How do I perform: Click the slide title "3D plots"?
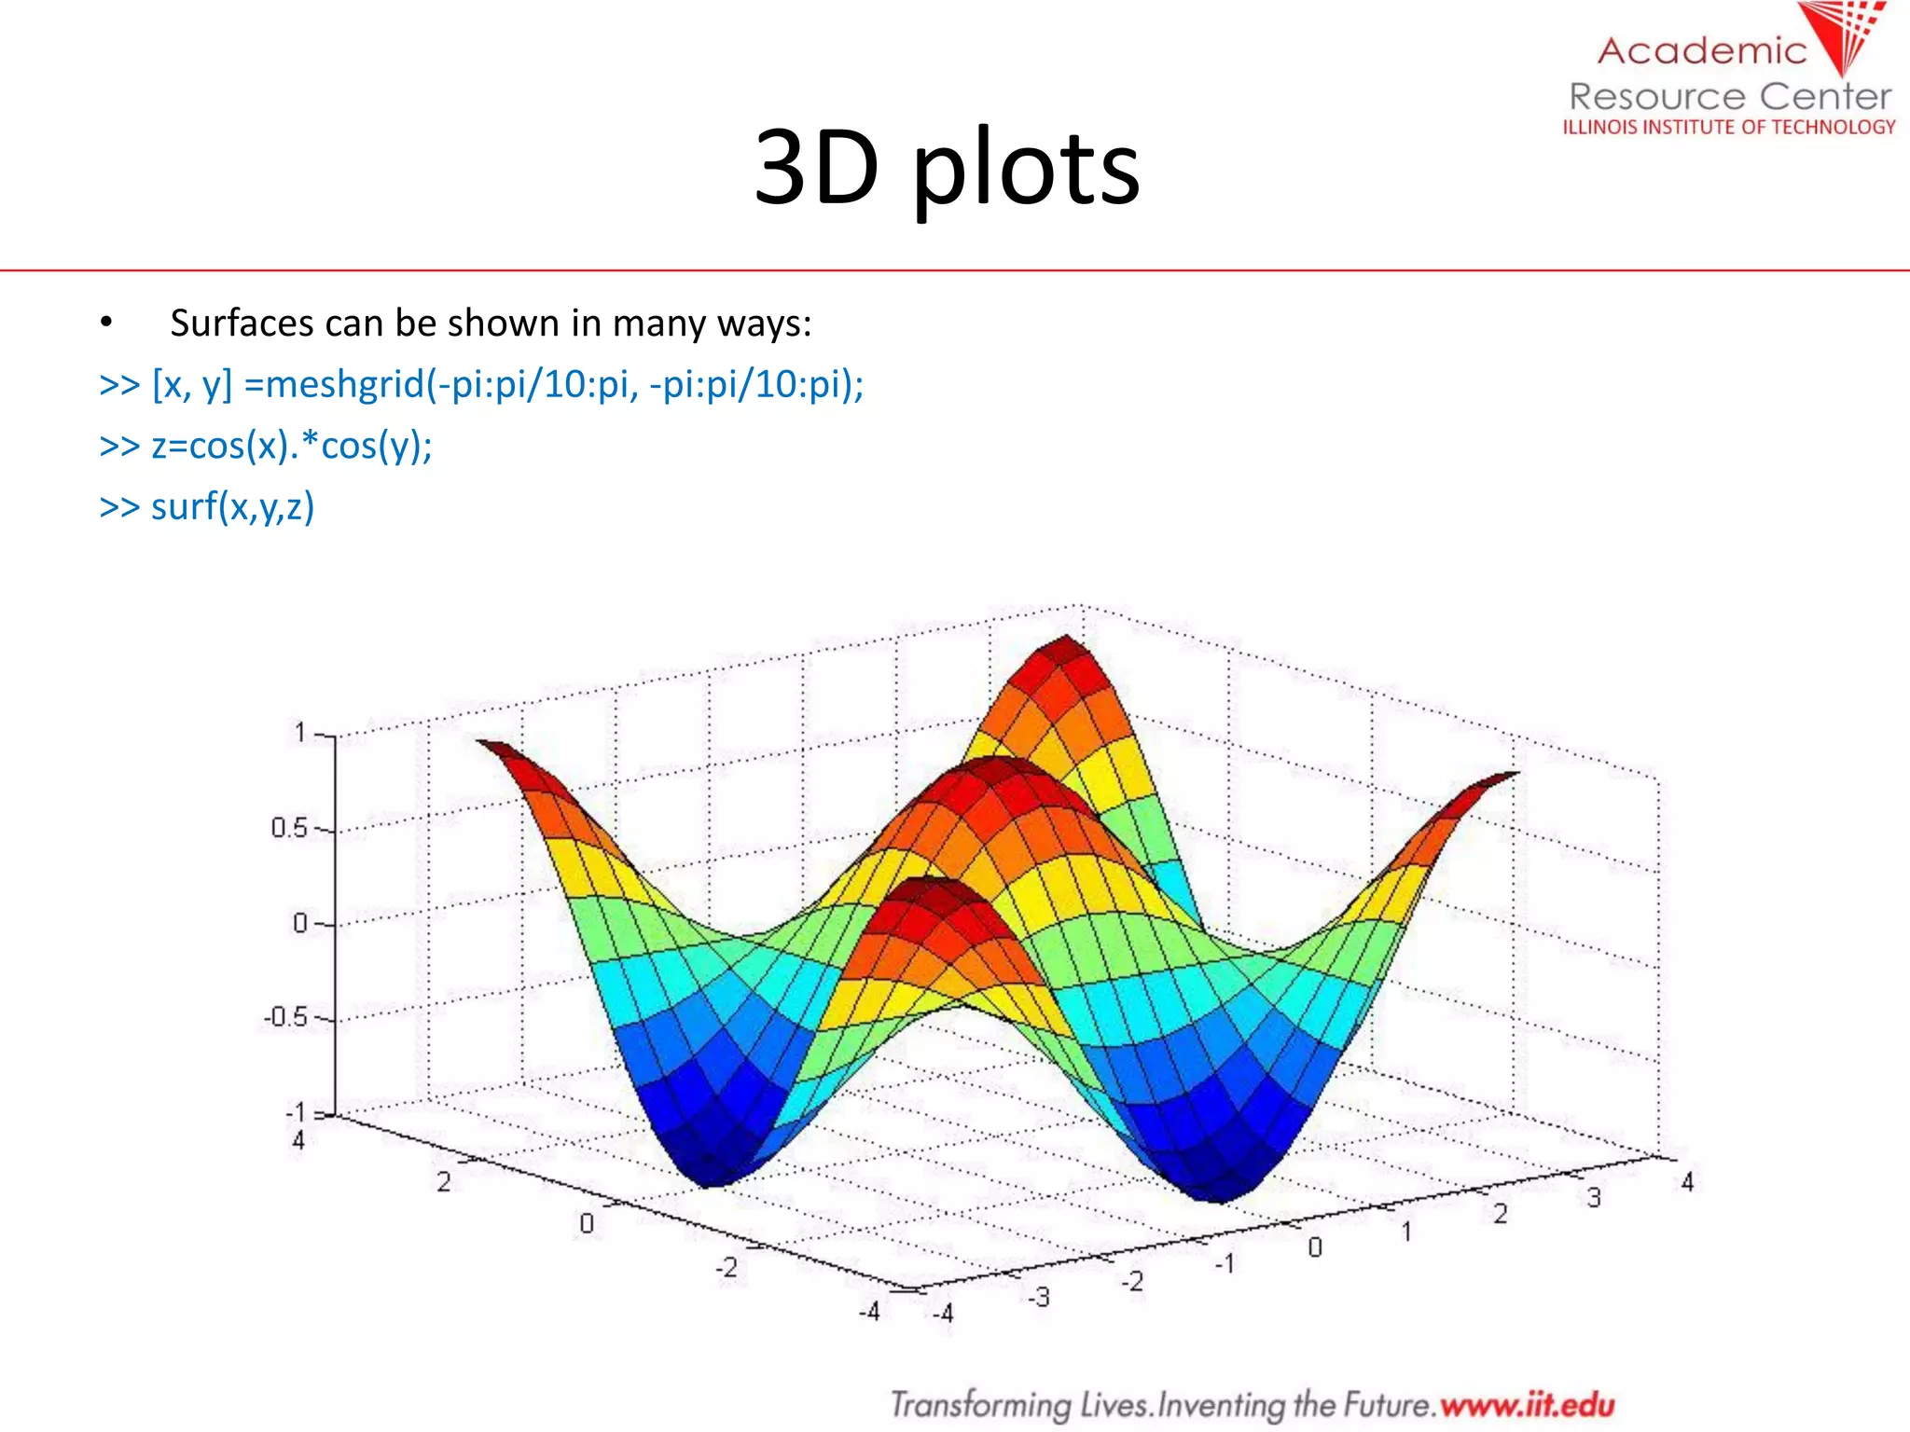947,168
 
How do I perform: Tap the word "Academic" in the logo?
1702,51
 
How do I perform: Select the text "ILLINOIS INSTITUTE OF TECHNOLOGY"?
1729,127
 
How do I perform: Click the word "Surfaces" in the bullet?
242,324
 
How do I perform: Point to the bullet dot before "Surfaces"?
106,324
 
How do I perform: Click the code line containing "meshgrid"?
481,384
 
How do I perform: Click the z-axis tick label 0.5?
288,828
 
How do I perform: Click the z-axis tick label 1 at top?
299,733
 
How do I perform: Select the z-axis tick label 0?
299,923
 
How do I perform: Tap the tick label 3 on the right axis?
1594,1198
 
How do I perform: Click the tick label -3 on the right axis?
1038,1297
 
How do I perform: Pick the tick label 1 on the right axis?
1406,1232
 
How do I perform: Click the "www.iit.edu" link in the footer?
1527,1404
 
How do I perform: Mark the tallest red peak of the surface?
1066,643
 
